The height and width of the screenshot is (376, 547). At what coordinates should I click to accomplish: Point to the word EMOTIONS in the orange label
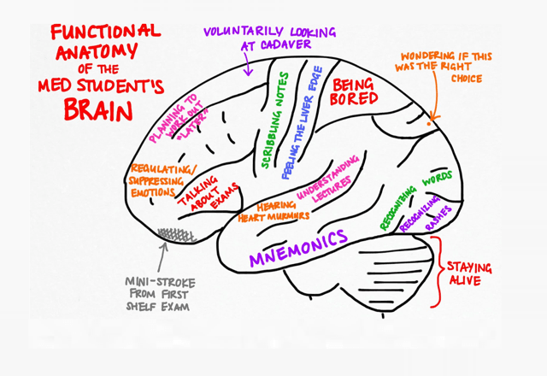(x=153, y=192)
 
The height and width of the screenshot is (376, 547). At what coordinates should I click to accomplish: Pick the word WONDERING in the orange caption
(x=428, y=55)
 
